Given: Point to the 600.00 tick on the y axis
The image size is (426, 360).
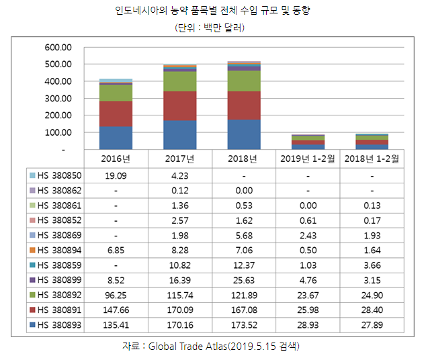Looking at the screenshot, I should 57,48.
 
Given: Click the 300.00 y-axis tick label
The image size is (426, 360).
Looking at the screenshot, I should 57,99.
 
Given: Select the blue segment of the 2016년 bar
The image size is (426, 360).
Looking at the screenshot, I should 116,137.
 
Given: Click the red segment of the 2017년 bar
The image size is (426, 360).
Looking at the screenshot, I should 180,105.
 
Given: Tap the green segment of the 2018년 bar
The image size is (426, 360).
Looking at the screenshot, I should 244,81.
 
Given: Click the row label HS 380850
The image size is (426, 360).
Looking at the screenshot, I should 60,175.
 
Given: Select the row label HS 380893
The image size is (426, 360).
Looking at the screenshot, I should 60,324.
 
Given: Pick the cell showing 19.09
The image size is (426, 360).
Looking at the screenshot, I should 116,175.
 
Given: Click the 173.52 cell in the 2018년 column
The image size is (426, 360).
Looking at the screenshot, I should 244,324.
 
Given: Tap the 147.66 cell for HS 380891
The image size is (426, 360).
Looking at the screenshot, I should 116,310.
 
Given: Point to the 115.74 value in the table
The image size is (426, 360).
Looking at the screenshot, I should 180,295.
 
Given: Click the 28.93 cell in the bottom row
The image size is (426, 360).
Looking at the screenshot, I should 307,324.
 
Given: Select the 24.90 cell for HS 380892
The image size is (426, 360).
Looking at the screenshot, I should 372,295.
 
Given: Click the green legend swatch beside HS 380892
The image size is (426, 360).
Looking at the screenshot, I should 32,295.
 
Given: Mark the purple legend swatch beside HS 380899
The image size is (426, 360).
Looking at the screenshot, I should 32,280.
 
